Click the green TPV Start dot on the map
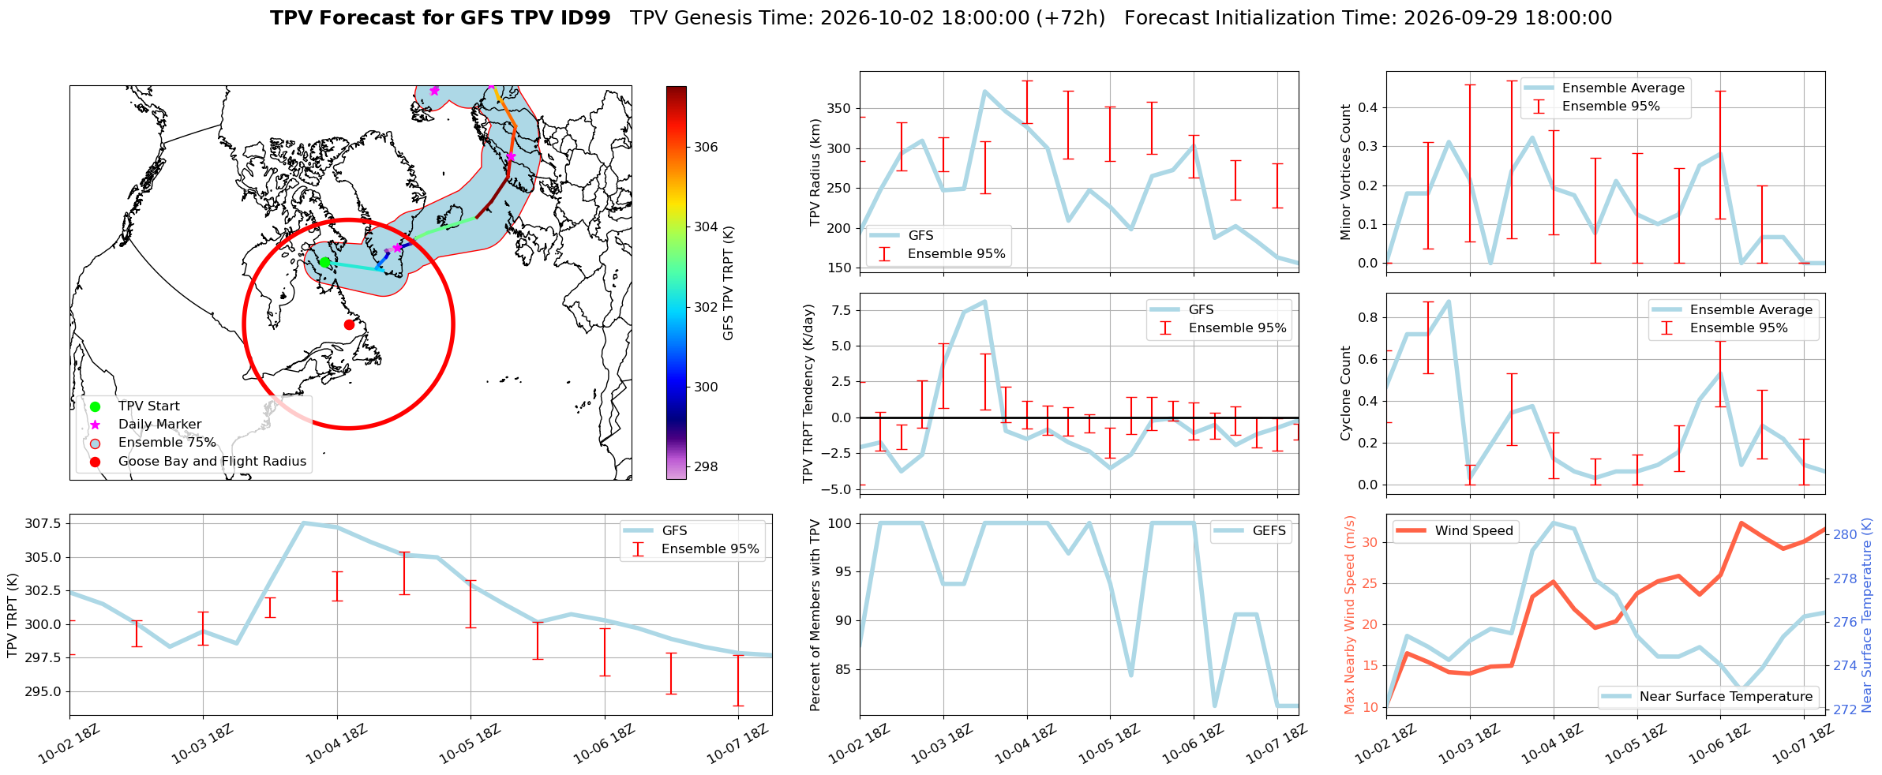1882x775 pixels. click(324, 262)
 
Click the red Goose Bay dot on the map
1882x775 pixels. click(349, 324)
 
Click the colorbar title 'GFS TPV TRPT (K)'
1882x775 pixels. click(728, 283)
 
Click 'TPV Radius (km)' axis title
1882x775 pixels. click(815, 173)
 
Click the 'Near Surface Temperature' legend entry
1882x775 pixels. click(1708, 697)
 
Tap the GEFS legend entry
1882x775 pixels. click(1250, 531)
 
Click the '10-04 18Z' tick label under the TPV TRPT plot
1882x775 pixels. click(336, 743)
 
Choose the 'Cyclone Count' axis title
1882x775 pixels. click(1346, 393)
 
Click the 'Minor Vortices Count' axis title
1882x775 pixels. click(1346, 172)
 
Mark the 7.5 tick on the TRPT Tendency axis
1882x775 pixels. click(842, 310)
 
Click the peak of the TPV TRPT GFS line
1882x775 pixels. click(304, 522)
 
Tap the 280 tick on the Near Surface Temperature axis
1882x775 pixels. click(1845, 534)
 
